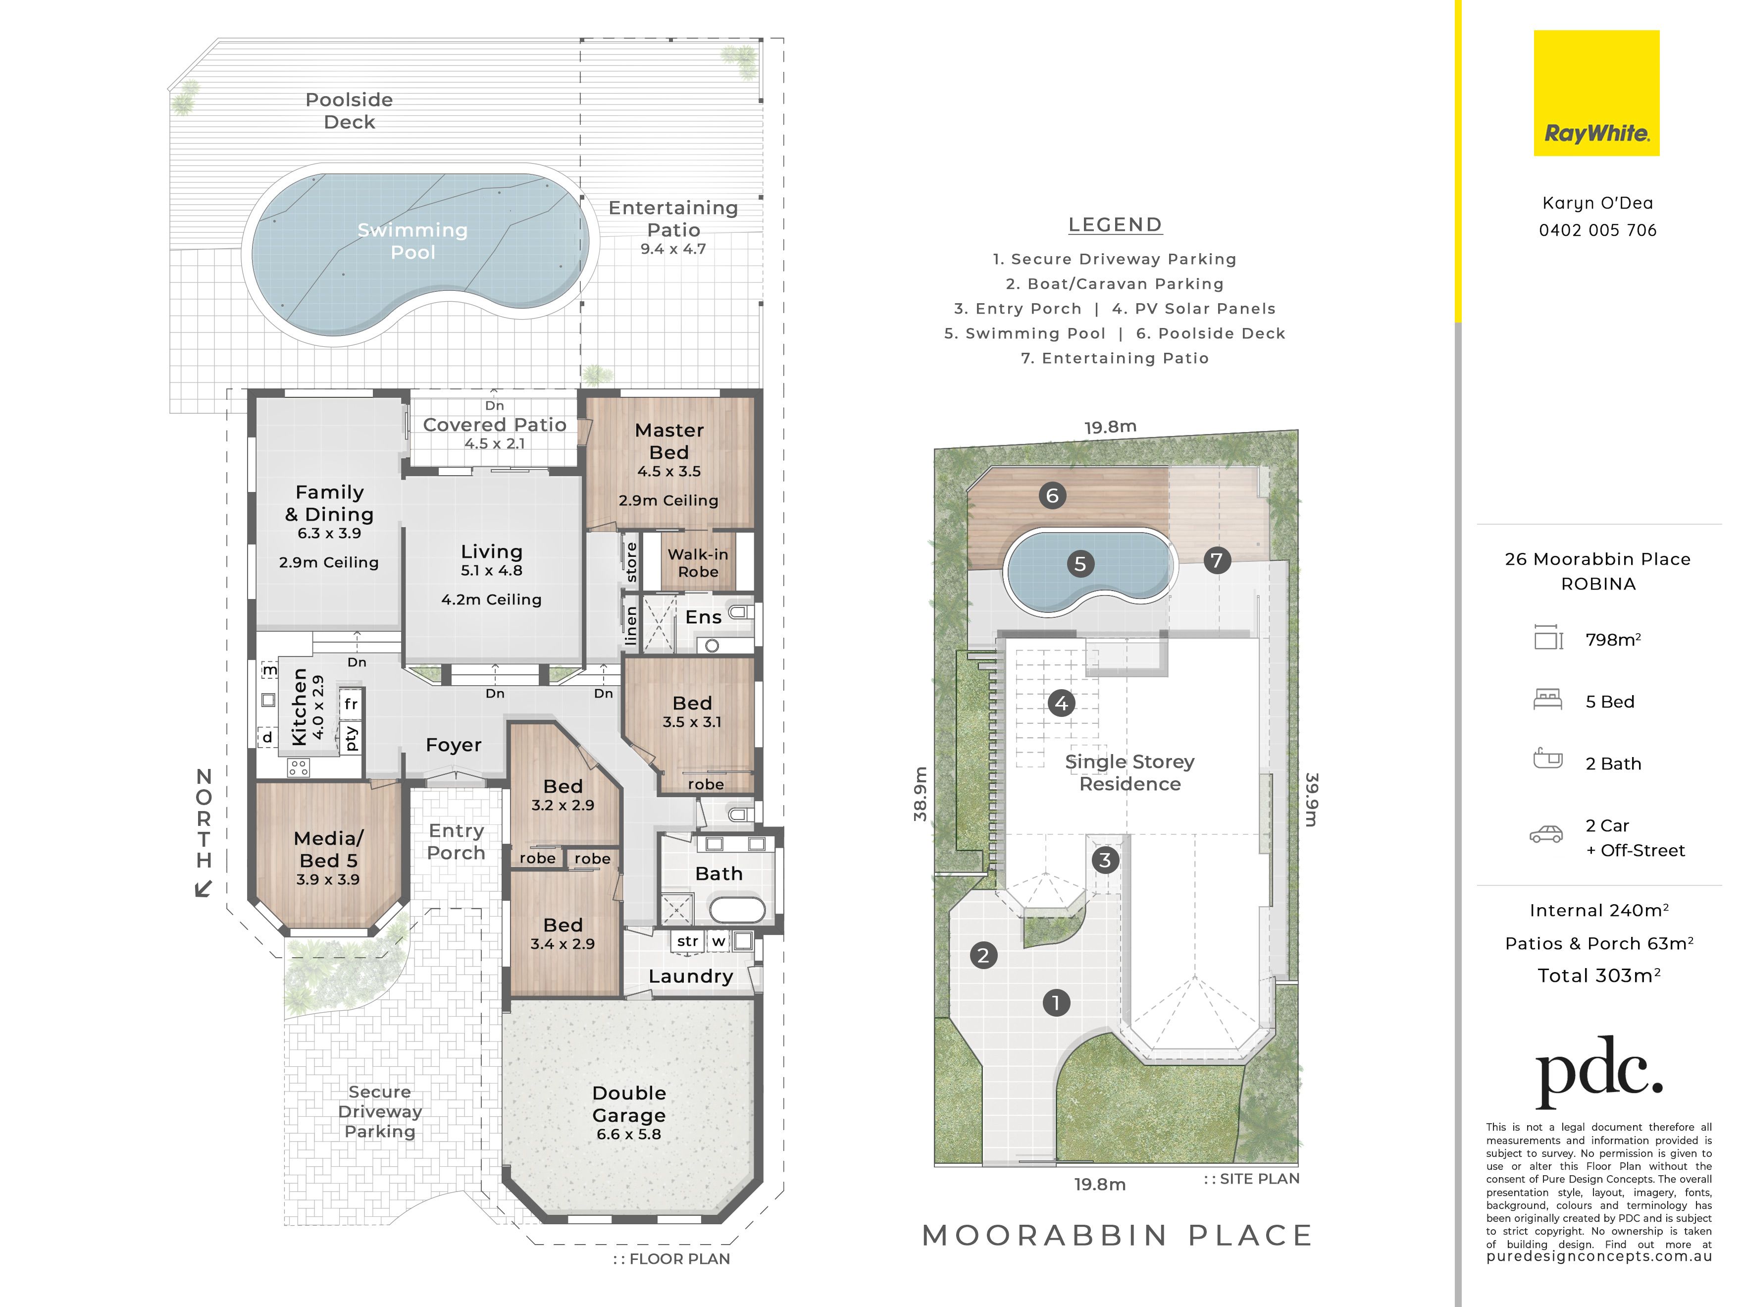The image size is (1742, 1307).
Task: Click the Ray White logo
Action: (x=1596, y=93)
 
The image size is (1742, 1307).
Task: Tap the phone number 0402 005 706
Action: (x=1598, y=230)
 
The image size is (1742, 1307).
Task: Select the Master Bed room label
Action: (x=669, y=441)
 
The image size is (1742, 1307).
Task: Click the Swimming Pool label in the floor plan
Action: (x=412, y=241)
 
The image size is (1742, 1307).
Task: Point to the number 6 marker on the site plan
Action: (x=1053, y=495)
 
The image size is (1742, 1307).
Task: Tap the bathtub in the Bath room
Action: (x=737, y=910)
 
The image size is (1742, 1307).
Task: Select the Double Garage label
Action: (x=629, y=1104)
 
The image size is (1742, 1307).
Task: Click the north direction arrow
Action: (x=203, y=889)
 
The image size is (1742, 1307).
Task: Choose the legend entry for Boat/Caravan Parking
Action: (x=1115, y=283)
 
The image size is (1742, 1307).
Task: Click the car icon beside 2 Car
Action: (x=1547, y=834)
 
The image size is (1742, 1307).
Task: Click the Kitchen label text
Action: (x=299, y=707)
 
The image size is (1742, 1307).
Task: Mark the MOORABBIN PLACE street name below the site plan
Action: (x=1118, y=1235)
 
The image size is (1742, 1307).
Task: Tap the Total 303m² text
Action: (x=1599, y=976)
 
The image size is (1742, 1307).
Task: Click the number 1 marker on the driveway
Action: (x=1056, y=1003)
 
